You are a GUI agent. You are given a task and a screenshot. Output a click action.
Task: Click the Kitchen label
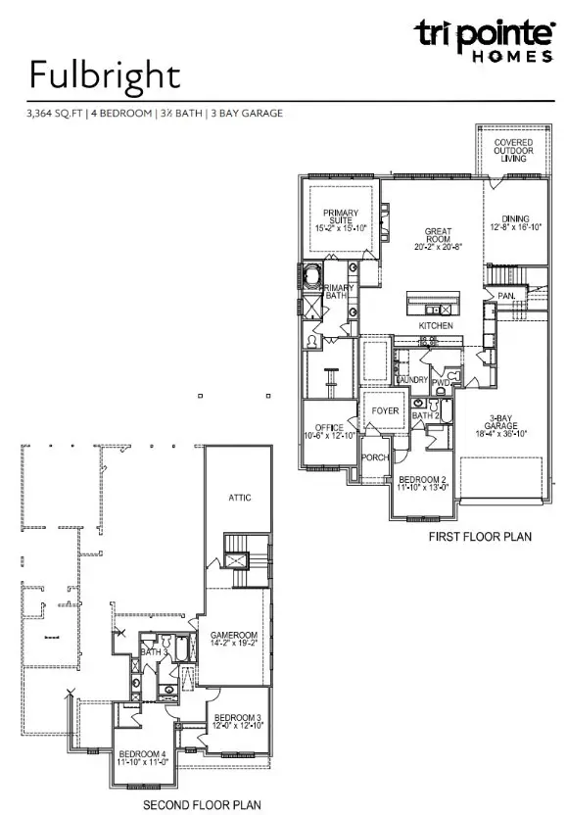[x=435, y=324]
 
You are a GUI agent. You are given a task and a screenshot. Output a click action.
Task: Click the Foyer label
[x=386, y=410]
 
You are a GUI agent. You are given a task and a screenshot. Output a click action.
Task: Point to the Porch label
[x=375, y=456]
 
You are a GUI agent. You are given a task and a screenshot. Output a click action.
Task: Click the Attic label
[x=240, y=498]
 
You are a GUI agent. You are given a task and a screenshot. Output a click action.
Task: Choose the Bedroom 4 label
[x=144, y=756]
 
